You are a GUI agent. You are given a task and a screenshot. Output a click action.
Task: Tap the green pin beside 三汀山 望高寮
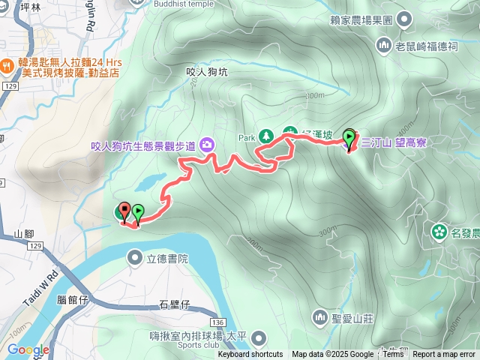coord(349,139)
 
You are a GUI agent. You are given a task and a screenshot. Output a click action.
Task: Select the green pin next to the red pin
coord(138,214)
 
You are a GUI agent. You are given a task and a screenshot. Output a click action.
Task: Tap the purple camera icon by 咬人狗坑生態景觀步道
coord(206,144)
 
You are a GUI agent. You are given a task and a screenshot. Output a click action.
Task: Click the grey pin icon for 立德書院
coord(135,259)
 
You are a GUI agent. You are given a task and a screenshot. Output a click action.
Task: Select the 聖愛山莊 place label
coord(352,318)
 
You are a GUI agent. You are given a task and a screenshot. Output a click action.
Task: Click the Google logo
coord(28,349)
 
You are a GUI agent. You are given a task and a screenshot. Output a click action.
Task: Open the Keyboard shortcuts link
coord(250,355)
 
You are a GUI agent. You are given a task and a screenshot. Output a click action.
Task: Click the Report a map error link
coord(444,355)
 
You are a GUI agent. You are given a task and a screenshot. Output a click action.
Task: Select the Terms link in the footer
coord(393,355)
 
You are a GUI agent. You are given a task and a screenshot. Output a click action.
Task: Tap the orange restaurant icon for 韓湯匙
coord(6,65)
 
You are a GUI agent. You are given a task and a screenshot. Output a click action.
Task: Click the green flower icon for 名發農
coord(438,232)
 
